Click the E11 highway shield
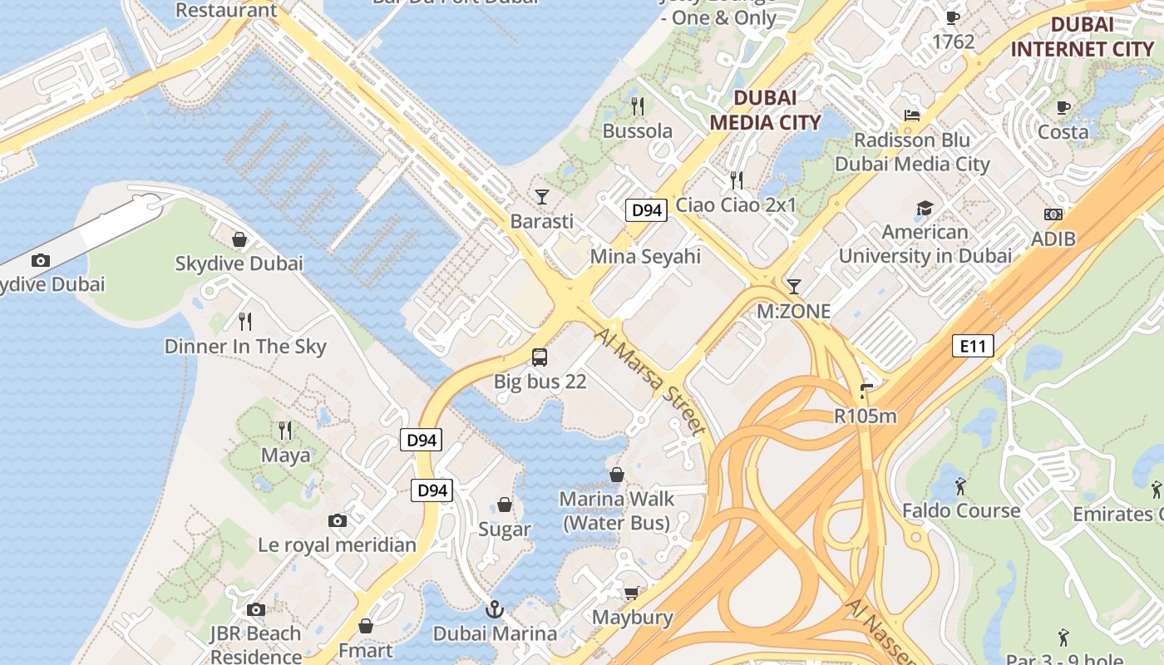click(972, 346)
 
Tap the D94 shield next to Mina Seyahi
click(647, 210)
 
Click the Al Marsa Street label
click(651, 380)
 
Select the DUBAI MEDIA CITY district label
click(765, 110)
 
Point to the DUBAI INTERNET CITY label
click(1082, 37)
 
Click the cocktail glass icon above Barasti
click(542, 197)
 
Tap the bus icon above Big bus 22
click(540, 357)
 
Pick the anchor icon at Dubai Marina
click(495, 609)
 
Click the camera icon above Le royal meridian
click(337, 520)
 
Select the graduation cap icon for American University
click(925, 208)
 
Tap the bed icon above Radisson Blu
click(912, 116)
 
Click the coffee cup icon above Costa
click(1063, 107)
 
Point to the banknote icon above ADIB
click(1053, 214)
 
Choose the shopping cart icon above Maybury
click(632, 593)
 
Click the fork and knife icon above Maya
click(285, 430)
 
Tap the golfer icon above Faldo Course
click(961, 485)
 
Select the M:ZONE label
click(793, 312)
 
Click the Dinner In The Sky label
click(245, 347)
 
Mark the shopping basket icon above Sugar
click(505, 505)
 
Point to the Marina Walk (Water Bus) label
click(616, 510)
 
